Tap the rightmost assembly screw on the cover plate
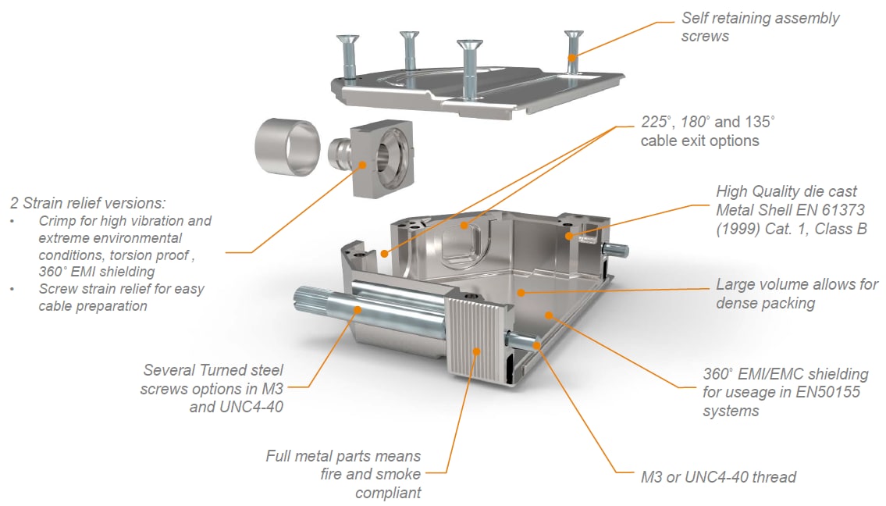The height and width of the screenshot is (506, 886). [573, 51]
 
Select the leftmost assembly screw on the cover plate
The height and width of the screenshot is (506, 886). [347, 56]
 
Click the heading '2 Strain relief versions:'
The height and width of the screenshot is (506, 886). [87, 203]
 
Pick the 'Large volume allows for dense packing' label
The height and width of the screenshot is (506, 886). [796, 294]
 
